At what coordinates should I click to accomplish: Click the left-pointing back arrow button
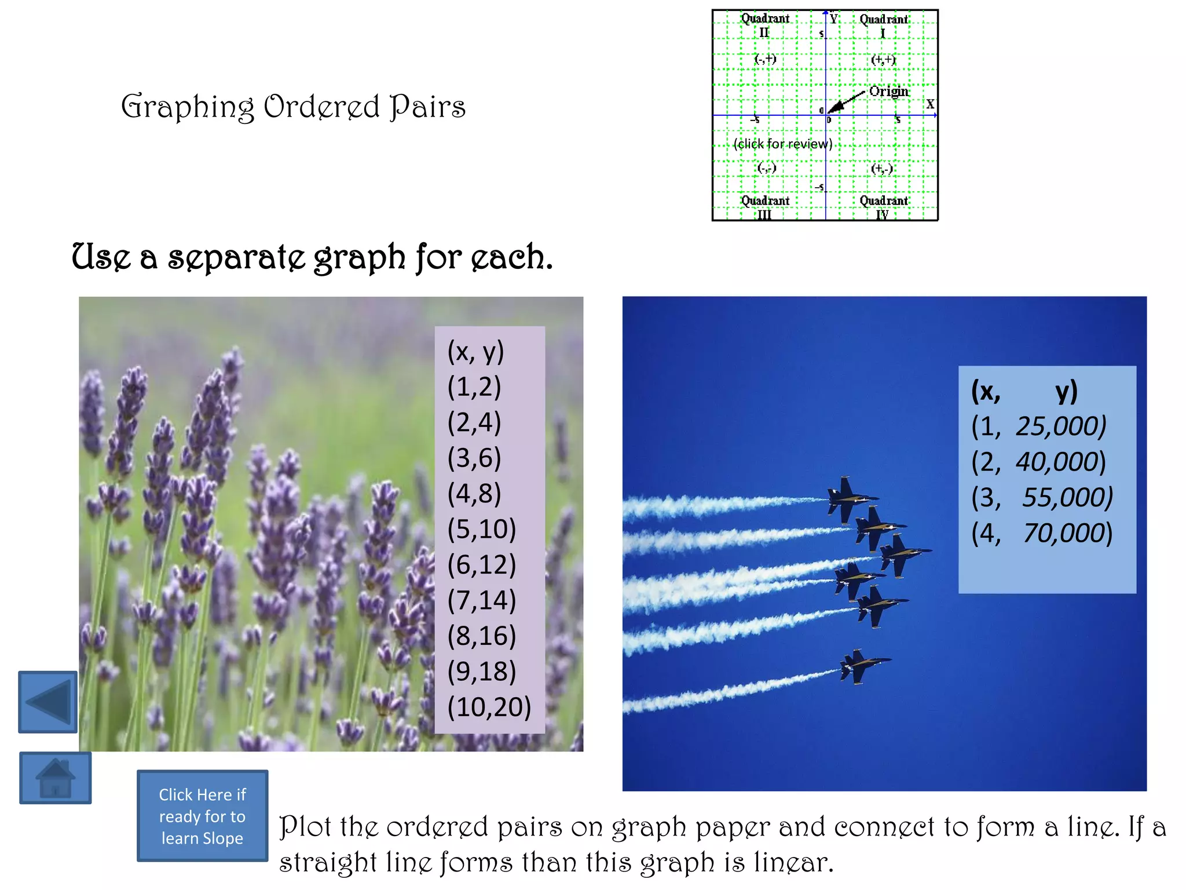48,702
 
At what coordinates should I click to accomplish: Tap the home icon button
56,778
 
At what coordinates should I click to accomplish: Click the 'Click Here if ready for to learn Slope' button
202,816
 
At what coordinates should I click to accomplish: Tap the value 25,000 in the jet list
1061,426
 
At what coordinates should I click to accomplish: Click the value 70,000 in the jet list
1067,533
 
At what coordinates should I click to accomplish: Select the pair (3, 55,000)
1041,498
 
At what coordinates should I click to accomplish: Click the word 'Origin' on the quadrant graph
888,91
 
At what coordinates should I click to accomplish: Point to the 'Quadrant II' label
765,25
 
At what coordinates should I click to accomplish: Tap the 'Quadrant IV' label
883,207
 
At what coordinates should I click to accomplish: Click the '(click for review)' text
782,144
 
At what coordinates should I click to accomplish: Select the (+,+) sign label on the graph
883,59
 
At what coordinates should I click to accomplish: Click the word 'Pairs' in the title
427,107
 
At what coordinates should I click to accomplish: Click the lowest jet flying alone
862,666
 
